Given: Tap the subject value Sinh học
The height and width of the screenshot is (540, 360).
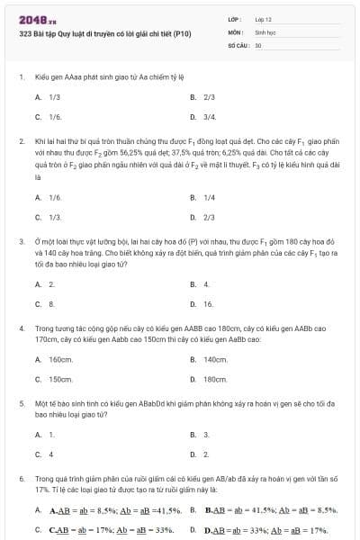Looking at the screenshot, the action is click(265, 31).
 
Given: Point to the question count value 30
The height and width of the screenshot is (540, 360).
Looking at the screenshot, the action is click(258, 44).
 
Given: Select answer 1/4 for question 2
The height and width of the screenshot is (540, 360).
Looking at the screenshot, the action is click(210, 197).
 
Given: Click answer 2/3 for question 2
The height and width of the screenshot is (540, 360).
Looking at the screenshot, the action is click(210, 217).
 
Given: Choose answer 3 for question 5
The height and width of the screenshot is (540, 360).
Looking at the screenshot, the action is click(206, 434).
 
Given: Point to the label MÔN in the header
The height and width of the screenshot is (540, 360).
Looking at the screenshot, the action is click(234, 31).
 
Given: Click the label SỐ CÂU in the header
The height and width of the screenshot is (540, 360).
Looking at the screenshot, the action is click(237, 44).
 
